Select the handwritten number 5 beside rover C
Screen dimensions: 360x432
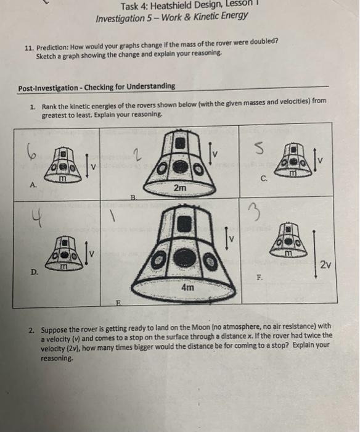259,149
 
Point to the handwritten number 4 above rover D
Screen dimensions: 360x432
38,218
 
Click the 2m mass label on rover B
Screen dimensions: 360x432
180,188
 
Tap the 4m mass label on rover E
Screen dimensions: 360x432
187,288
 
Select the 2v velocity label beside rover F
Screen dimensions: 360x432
325,265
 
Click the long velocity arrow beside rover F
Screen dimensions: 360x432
314,254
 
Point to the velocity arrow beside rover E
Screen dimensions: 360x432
226,239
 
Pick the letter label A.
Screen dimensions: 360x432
33,185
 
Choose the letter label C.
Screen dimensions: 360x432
264,179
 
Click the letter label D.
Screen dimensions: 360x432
35,272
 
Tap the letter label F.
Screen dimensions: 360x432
260,277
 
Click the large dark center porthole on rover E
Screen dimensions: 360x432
185,257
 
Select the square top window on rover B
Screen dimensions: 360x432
180,143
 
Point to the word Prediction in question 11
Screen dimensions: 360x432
52,48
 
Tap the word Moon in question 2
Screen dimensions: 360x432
200,327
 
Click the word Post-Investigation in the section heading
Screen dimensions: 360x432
48,88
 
